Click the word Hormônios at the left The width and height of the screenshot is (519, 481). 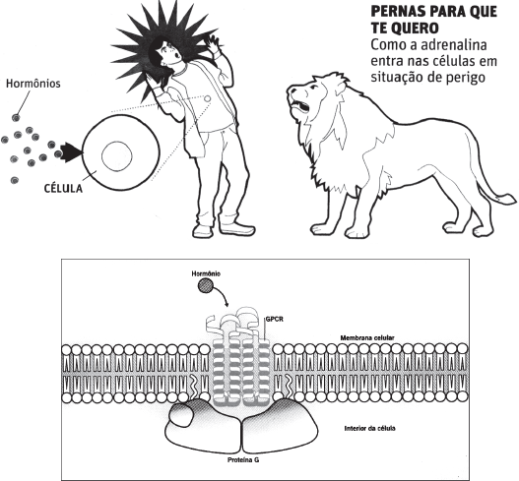[33, 84]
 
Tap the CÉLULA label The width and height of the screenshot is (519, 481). [63, 188]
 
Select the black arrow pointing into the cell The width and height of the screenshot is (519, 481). [71, 152]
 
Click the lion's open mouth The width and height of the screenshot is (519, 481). [300, 107]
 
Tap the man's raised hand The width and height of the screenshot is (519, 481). [212, 44]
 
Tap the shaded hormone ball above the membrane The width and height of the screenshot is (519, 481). [205, 286]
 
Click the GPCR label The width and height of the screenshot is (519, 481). [275, 320]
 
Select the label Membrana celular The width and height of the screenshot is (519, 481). [367, 337]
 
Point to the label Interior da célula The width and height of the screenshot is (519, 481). [369, 429]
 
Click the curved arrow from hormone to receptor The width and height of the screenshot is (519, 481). [223, 292]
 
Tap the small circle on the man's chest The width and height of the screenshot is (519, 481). [208, 98]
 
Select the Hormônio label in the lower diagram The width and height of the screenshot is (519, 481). [206, 273]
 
